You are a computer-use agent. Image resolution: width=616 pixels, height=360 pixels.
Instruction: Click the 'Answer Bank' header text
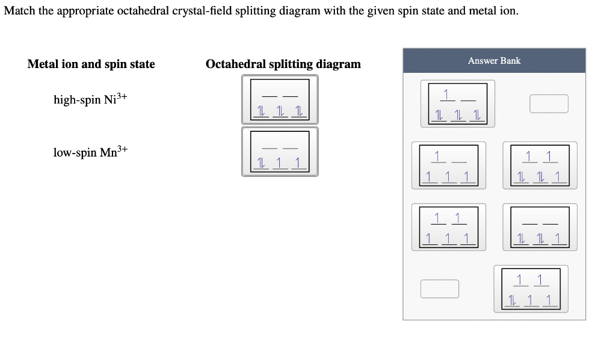pos(494,61)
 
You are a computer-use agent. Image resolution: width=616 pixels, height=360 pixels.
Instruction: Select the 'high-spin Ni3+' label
pos(90,99)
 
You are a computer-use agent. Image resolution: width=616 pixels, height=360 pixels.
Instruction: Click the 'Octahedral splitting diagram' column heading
pos(283,64)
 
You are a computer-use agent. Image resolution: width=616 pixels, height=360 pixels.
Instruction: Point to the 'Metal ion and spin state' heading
pos(91,64)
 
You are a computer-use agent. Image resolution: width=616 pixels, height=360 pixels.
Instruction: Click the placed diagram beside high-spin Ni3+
pos(280,100)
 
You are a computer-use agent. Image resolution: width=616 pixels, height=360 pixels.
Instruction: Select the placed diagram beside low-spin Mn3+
pos(280,152)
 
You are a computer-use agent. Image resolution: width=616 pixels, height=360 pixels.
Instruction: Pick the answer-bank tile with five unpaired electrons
pos(445,227)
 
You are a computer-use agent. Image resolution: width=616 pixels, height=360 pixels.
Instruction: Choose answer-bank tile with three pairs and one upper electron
pos(458,104)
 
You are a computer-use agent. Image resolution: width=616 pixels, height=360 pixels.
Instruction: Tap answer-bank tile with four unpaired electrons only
pos(445,166)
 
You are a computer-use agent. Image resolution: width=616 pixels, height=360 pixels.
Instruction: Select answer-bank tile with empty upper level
pos(543,227)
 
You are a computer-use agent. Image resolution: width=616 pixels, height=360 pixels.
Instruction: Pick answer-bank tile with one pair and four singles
pos(531,288)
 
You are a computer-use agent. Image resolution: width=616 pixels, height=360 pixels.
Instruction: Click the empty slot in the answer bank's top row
pos(549,104)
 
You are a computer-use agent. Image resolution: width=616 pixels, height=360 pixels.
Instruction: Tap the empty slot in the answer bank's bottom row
pos(440,288)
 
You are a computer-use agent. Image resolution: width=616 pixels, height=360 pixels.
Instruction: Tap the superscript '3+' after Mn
pos(123,148)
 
